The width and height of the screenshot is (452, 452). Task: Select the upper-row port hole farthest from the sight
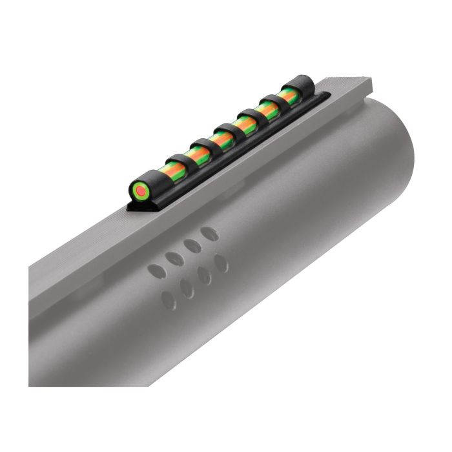155,269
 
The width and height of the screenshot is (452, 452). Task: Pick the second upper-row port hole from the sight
191,245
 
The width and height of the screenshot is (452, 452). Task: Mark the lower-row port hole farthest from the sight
169,298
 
